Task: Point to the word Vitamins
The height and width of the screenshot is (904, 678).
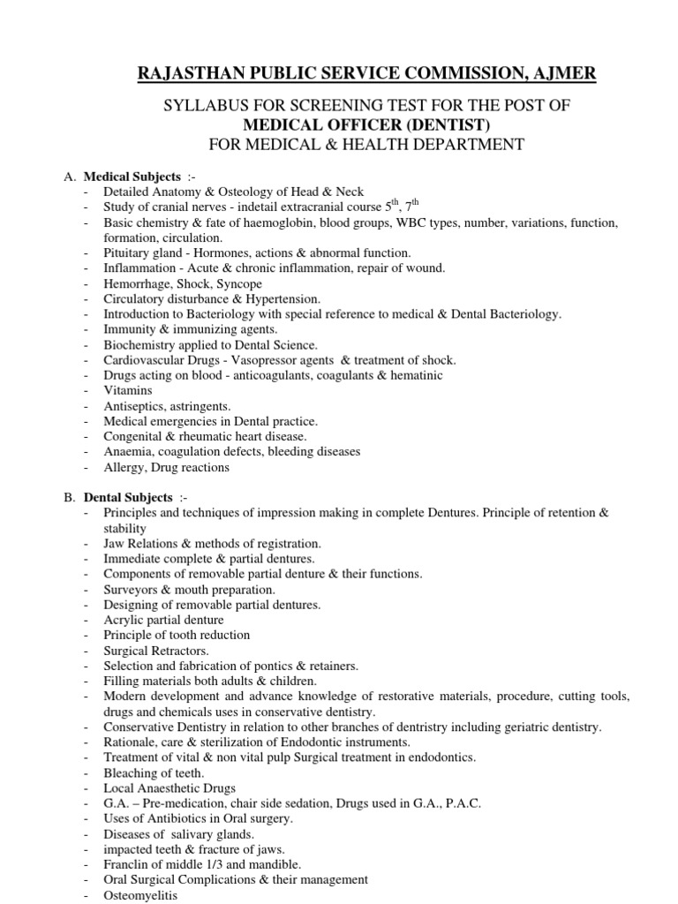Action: click(x=127, y=390)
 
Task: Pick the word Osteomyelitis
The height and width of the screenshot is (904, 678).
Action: click(x=140, y=895)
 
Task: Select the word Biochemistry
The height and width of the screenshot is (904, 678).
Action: click(x=141, y=344)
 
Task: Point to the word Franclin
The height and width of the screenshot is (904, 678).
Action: click(x=127, y=864)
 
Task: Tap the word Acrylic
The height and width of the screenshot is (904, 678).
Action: click(x=124, y=620)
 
